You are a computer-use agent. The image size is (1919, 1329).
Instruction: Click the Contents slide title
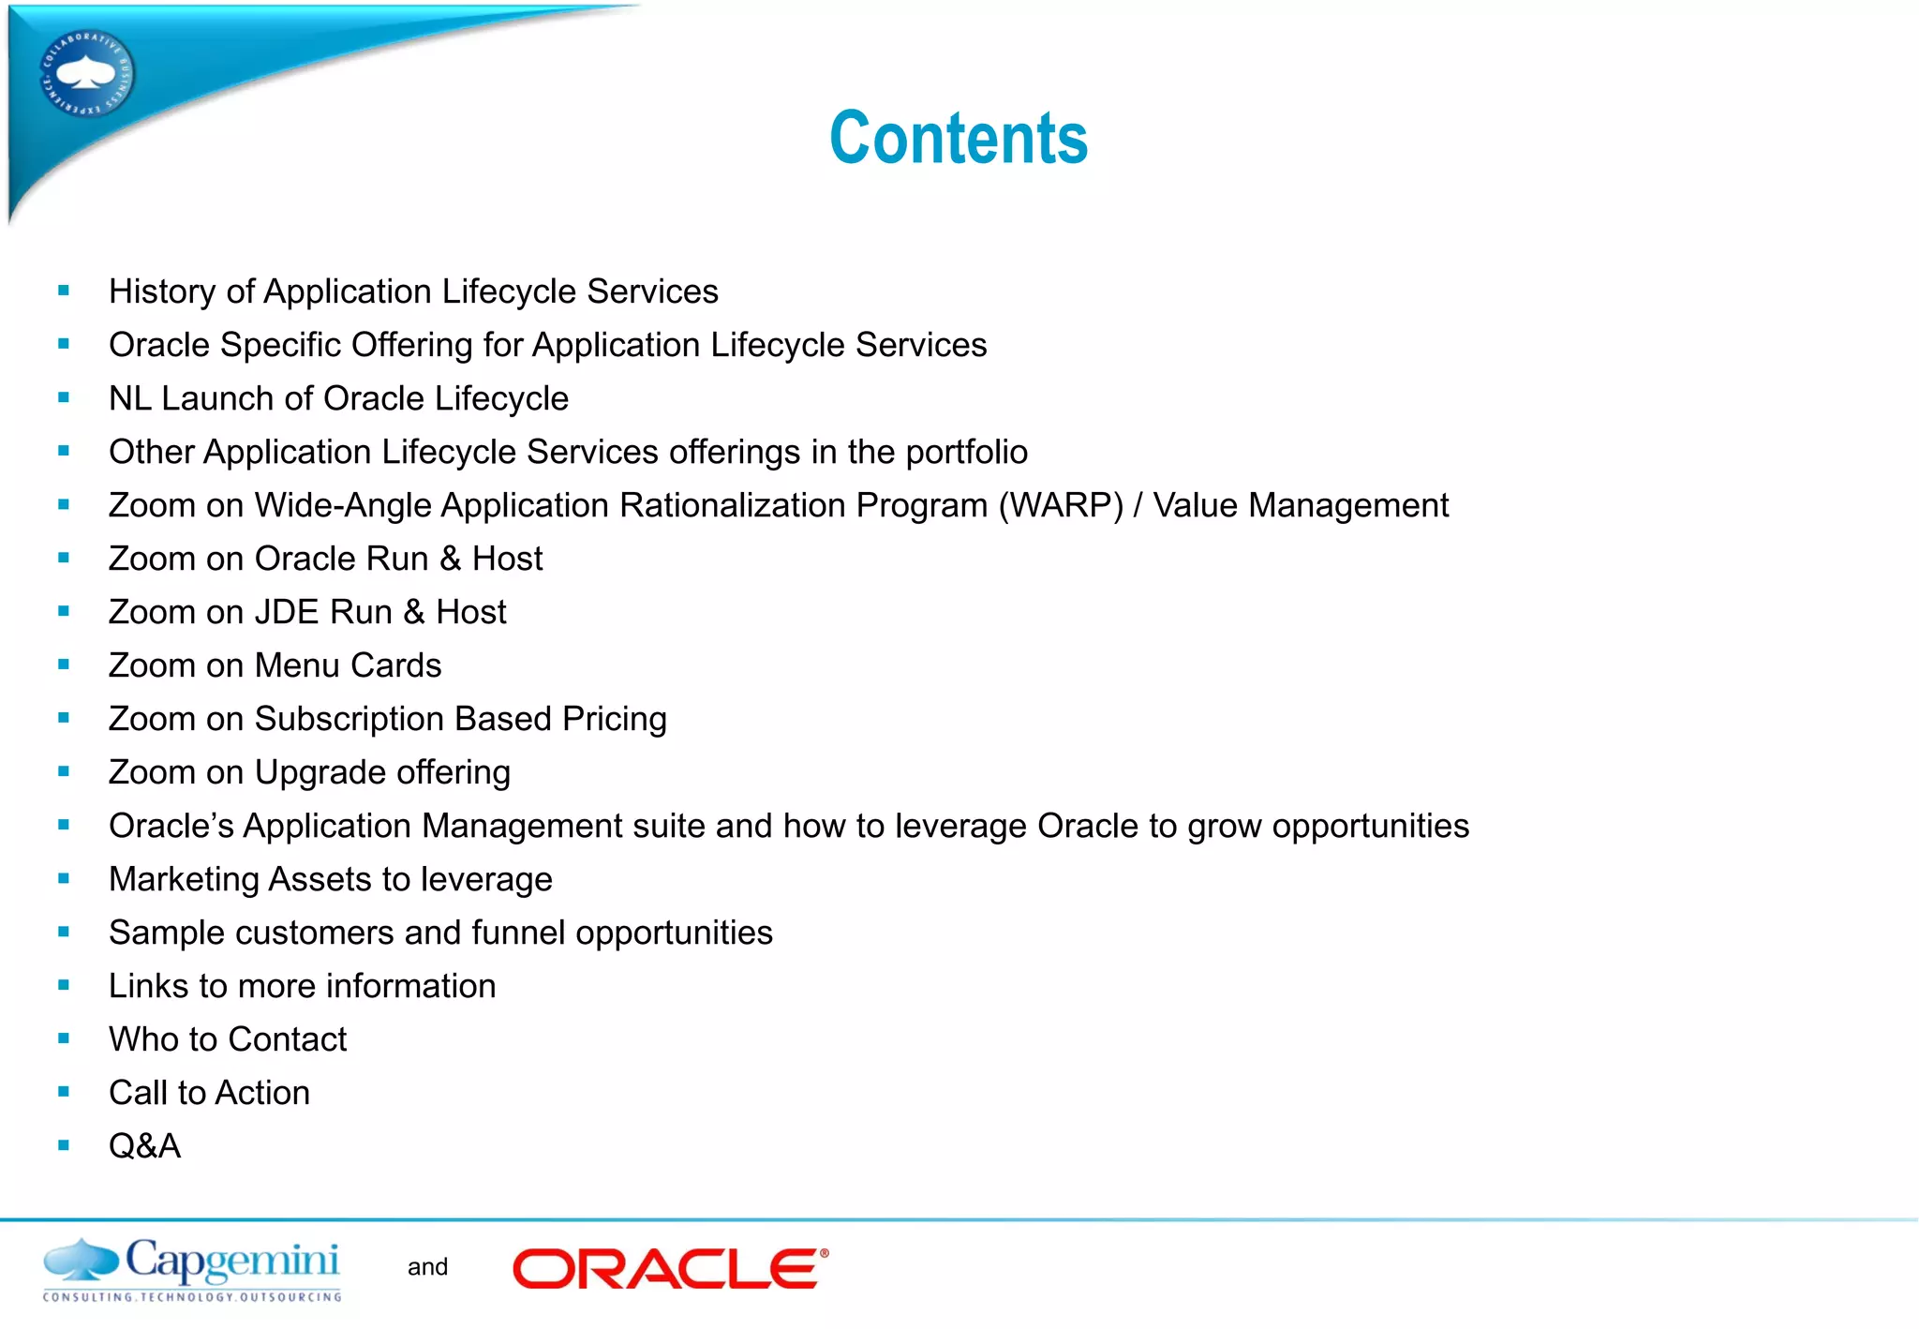(958, 138)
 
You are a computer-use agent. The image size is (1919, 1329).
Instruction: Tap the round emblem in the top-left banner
(86, 74)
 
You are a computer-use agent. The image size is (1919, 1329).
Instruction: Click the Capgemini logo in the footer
(192, 1269)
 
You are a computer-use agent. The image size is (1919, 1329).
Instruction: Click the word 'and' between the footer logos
(427, 1267)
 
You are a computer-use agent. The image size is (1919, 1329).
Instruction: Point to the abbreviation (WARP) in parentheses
(1061, 505)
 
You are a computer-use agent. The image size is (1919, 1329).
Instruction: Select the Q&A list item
(144, 1145)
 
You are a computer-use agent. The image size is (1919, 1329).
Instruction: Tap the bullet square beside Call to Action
(64, 1092)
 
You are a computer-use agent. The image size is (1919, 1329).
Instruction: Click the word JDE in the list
(287, 612)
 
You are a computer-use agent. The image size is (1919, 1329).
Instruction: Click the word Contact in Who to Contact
(287, 1039)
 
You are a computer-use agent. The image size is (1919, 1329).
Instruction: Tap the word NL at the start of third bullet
(129, 398)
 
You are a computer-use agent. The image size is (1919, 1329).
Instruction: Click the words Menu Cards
(348, 665)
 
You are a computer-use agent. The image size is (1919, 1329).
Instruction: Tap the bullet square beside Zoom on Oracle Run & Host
(64, 558)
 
